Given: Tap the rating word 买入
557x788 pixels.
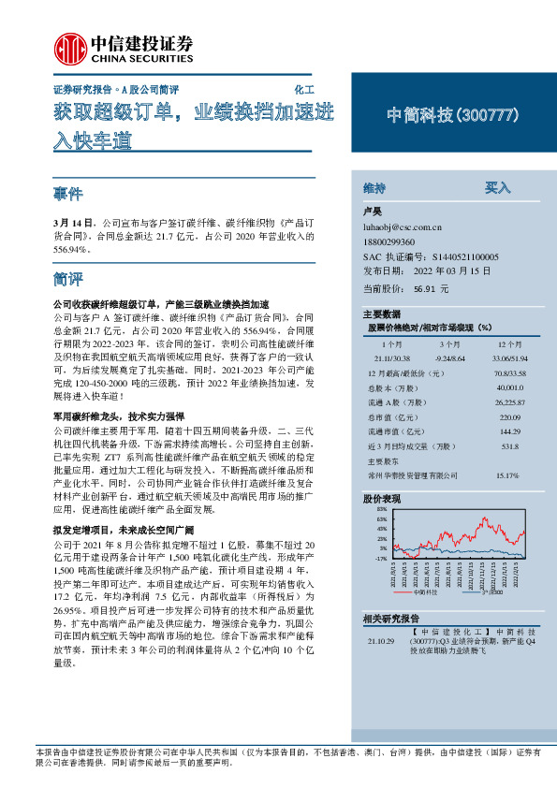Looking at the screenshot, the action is (x=497, y=188).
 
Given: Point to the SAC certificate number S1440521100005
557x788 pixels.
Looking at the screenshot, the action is (x=465, y=255).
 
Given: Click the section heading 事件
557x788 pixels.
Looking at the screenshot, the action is (x=68, y=194).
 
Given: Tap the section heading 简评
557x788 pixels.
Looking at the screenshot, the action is (x=68, y=279).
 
